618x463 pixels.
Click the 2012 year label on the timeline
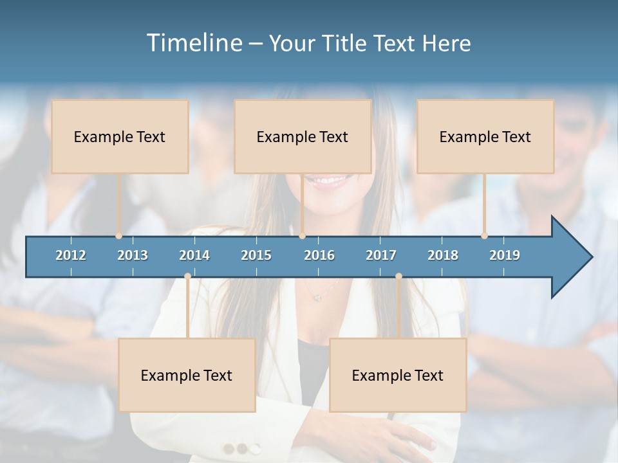(71, 255)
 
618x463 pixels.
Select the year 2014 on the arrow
(194, 255)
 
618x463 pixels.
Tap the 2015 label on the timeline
(256, 255)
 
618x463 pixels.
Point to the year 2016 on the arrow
(319, 255)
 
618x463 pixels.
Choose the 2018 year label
(443, 255)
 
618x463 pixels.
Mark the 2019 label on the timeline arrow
(505, 255)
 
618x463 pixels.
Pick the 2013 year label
(133, 255)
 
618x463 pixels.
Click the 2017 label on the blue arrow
(381, 255)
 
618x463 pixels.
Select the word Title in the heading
(346, 43)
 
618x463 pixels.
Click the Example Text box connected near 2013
(120, 136)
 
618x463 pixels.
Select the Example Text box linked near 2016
(303, 136)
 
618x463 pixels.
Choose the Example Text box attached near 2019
(485, 136)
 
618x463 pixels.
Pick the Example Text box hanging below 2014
(187, 375)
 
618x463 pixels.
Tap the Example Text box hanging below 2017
(398, 375)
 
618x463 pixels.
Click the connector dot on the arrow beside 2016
(303, 236)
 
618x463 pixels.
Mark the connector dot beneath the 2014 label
(187, 277)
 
